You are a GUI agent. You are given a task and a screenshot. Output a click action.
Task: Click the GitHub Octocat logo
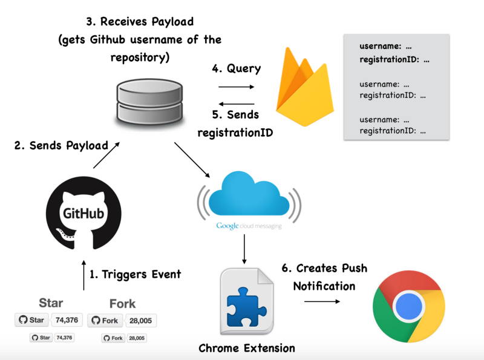[83, 213]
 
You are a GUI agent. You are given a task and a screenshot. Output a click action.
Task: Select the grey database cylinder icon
[149, 101]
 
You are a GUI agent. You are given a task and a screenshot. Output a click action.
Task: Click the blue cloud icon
[249, 194]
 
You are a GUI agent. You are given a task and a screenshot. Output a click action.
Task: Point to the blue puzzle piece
[246, 307]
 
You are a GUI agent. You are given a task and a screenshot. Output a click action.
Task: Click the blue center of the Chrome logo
[409, 307]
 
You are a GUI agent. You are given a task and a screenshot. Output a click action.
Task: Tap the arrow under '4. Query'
[236, 87]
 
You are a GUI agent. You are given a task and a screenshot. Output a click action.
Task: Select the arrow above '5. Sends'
[236, 104]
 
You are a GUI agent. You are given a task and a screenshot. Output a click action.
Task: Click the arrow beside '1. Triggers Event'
[83, 275]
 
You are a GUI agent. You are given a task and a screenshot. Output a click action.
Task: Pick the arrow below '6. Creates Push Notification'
[322, 301]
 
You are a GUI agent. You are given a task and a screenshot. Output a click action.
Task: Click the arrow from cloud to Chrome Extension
[244, 249]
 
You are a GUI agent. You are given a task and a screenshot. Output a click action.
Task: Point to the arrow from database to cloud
[192, 160]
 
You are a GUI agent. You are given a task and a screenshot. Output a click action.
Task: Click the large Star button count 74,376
[67, 320]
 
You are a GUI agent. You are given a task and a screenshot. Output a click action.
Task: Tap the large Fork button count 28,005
[140, 321]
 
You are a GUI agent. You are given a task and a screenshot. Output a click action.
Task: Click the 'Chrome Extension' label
[247, 349]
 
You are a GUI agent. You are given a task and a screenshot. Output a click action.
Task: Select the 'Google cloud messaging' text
[249, 226]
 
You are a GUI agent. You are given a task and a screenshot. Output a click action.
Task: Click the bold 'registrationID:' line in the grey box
[394, 59]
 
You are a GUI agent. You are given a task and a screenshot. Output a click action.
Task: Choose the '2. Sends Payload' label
[61, 146]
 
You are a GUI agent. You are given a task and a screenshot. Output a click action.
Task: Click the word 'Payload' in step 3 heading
[172, 22]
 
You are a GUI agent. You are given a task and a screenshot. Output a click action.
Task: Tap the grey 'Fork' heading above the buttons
[123, 304]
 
